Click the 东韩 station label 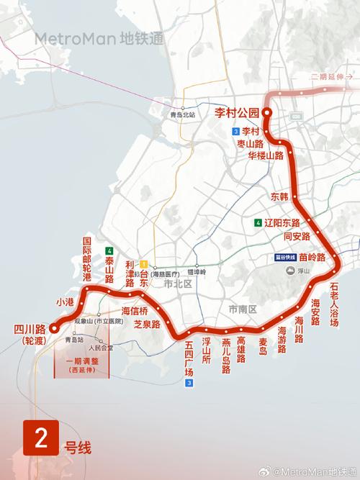coord(279,196)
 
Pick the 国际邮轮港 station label coord(87,258)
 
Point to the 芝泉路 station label coord(147,325)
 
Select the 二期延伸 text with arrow coord(332,76)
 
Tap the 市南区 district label coord(243,309)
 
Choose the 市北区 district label coord(174,284)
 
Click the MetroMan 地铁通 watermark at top coord(99,38)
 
